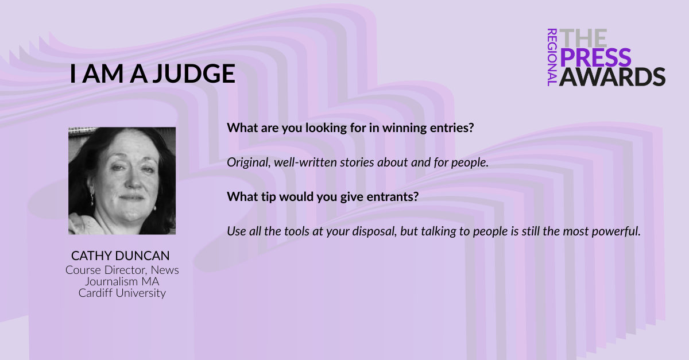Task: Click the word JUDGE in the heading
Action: pos(195,73)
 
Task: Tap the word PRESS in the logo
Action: pos(595,57)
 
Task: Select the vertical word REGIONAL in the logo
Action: pos(552,57)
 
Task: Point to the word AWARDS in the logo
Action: pos(612,76)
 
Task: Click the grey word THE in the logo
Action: pos(583,38)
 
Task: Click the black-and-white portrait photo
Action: pos(122,181)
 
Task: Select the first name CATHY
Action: pos(92,256)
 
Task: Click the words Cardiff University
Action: pos(122,293)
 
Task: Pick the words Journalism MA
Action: pos(122,281)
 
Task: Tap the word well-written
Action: pos(305,162)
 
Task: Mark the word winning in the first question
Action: pos(404,128)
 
